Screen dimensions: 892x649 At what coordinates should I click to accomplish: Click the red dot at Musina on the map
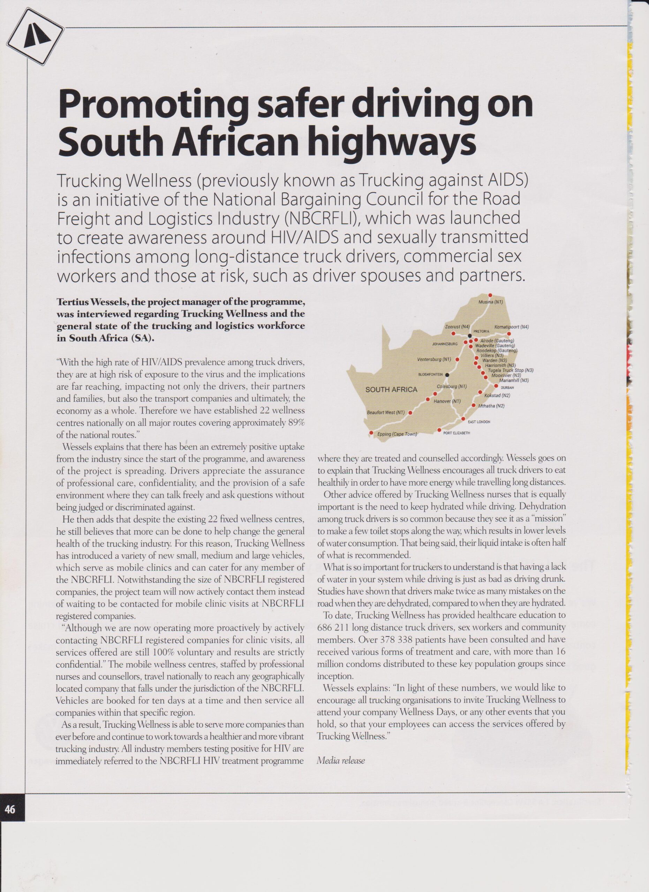[x=490, y=295]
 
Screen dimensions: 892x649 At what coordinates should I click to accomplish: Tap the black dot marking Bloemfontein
[x=447, y=375]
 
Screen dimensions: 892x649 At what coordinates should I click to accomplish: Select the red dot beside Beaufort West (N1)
[x=410, y=413]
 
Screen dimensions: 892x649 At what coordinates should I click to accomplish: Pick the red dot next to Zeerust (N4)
[x=453, y=333]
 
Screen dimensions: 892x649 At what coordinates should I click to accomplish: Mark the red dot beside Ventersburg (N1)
[x=457, y=359]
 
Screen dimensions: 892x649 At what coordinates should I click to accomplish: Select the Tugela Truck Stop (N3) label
[x=511, y=370]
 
